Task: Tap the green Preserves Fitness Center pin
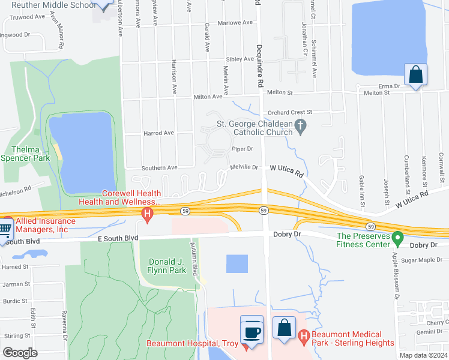point(397,239)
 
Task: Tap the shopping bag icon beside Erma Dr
point(415,76)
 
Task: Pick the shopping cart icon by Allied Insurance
point(5,229)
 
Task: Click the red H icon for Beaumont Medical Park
point(304,338)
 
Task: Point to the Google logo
point(20,352)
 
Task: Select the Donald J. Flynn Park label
point(168,265)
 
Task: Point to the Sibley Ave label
point(240,59)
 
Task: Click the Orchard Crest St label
point(291,112)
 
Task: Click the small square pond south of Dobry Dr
point(237,263)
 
